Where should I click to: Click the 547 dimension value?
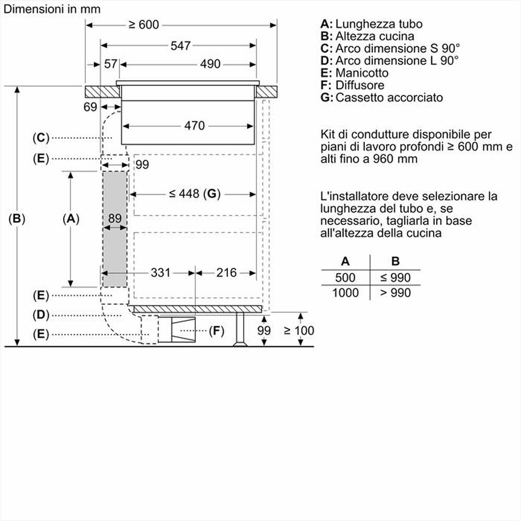click(180, 46)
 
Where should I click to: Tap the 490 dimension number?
click(210, 64)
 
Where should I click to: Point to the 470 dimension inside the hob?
click(194, 126)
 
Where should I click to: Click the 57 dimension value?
click(110, 64)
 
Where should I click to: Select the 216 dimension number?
click(226, 272)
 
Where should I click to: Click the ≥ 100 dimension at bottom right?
click(299, 330)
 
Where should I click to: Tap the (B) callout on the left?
click(17, 219)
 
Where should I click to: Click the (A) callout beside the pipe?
click(70, 219)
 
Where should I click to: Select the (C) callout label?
click(40, 138)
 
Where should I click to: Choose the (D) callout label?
click(40, 315)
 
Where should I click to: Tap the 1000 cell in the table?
click(345, 293)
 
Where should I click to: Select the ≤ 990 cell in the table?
click(395, 277)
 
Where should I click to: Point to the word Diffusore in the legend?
click(359, 85)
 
